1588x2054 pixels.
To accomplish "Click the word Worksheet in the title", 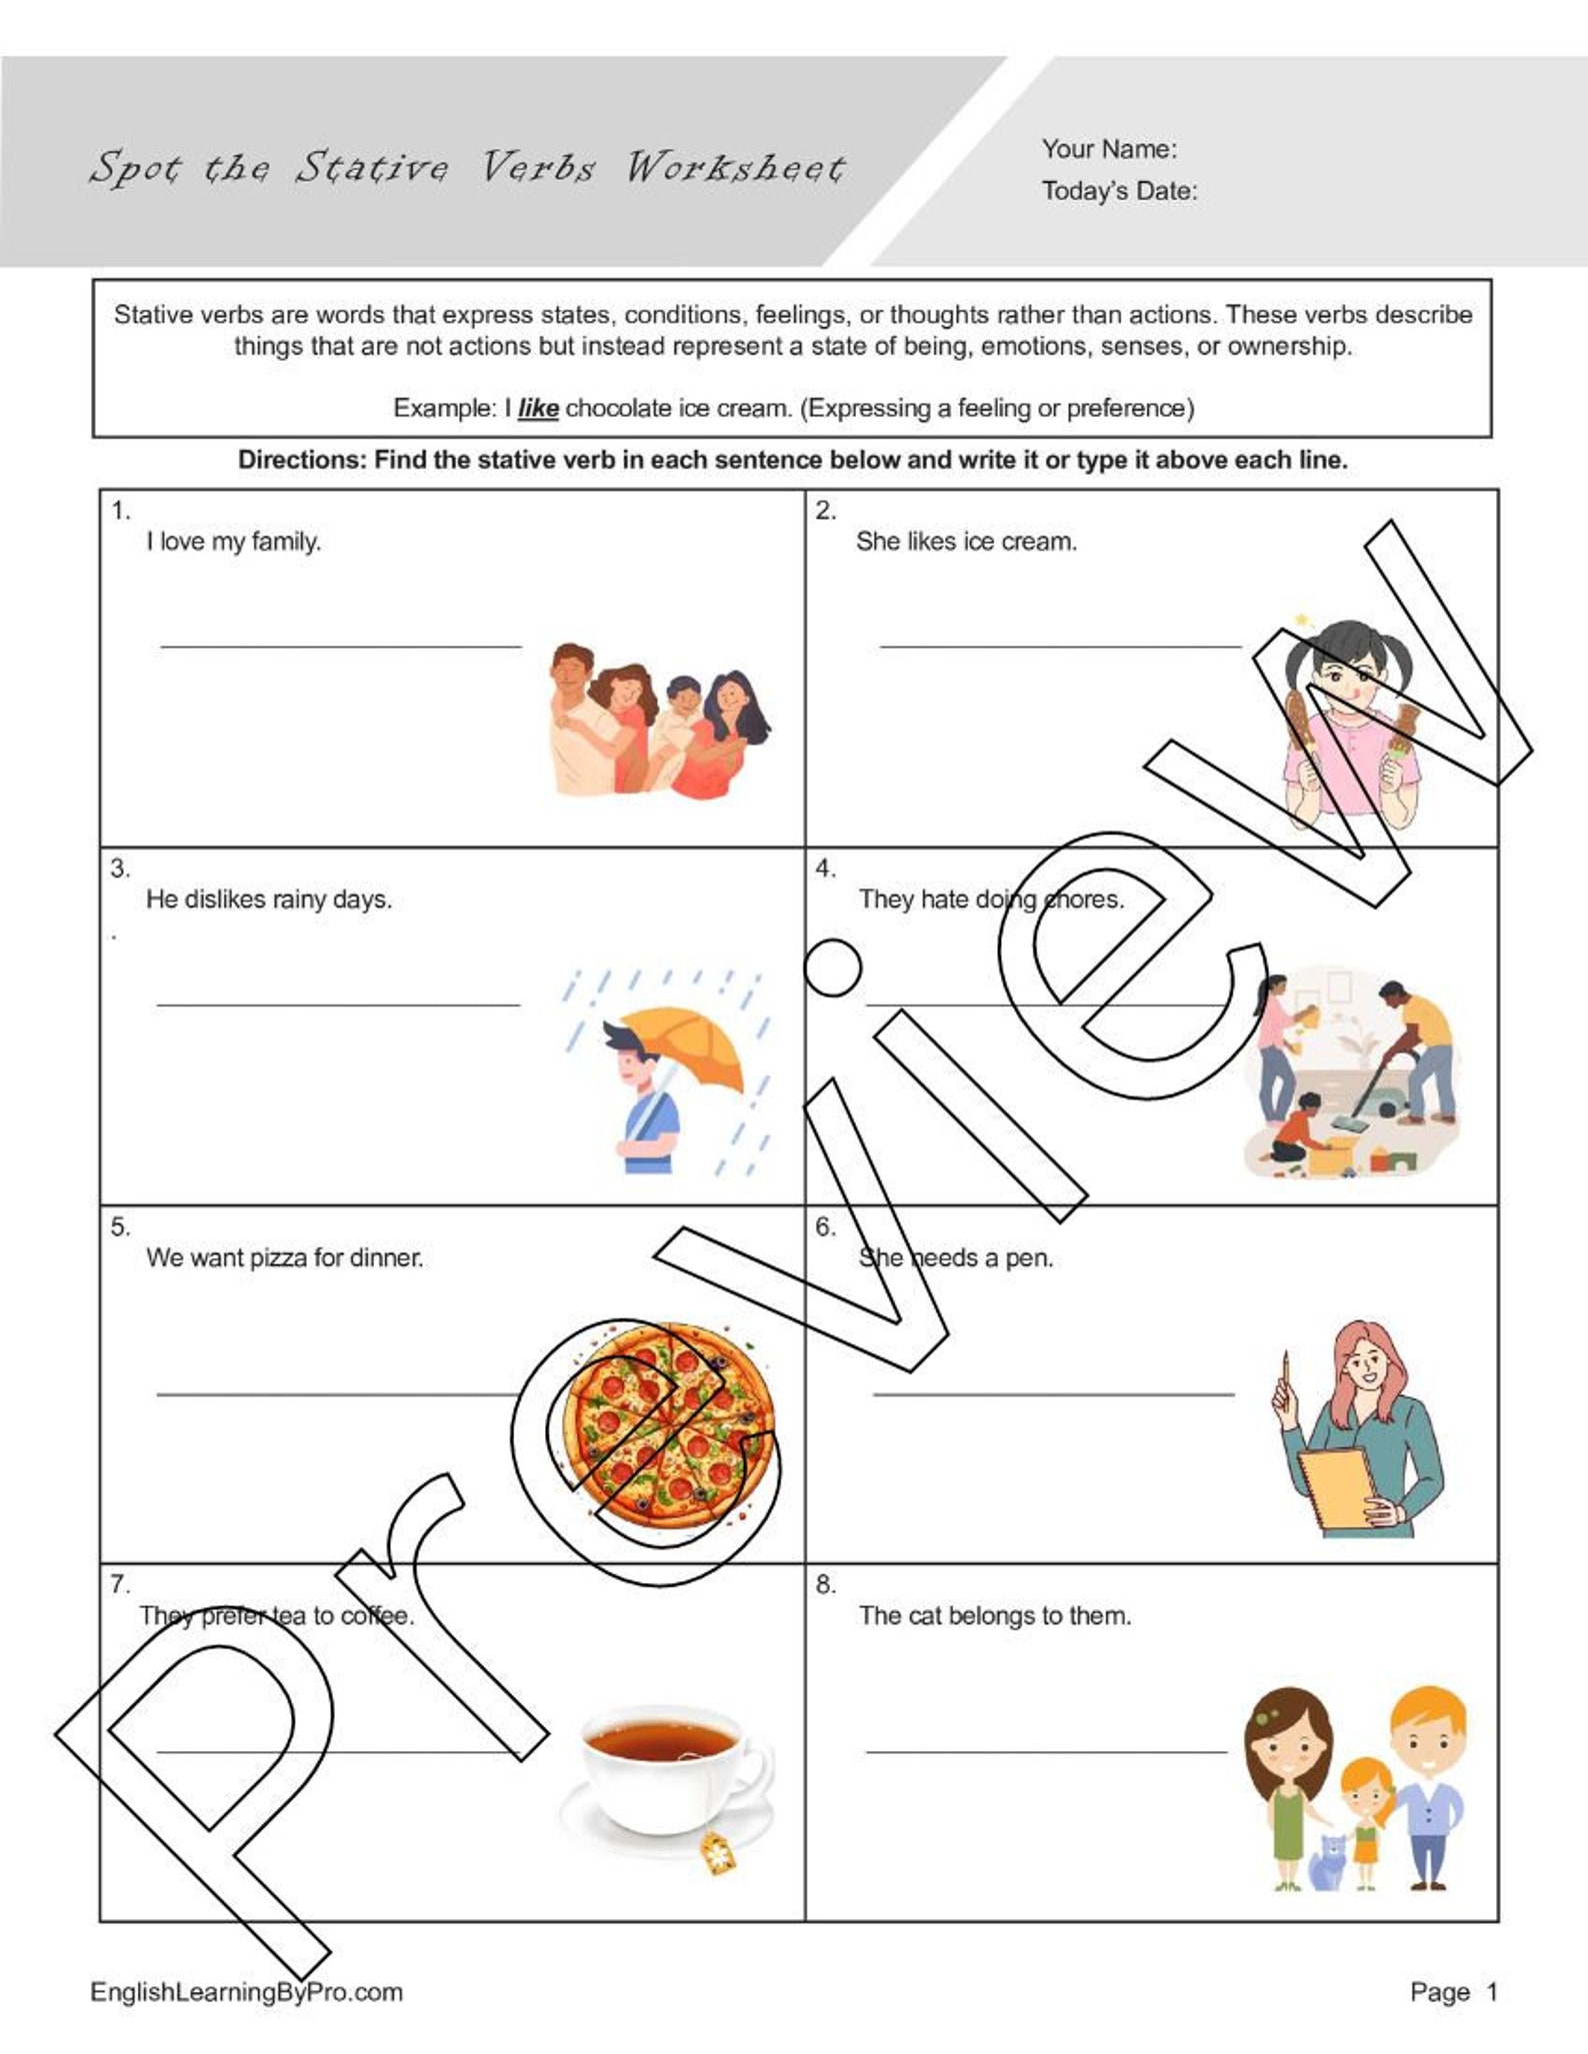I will (736, 167).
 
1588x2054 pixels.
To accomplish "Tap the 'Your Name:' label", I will (1109, 149).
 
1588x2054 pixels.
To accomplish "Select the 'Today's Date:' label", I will (1119, 191).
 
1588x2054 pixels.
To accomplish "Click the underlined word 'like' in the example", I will (538, 409).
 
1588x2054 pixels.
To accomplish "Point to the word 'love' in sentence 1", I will (182, 542).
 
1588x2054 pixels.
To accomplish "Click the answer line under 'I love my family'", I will (341, 647).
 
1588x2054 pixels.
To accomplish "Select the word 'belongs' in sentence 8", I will (995, 1616).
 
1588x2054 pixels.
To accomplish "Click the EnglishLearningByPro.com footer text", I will (246, 1992).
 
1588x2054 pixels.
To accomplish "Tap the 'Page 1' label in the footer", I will (1453, 1992).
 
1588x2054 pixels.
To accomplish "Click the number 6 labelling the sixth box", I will (824, 1226).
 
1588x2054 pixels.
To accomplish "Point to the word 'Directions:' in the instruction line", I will (302, 461).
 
